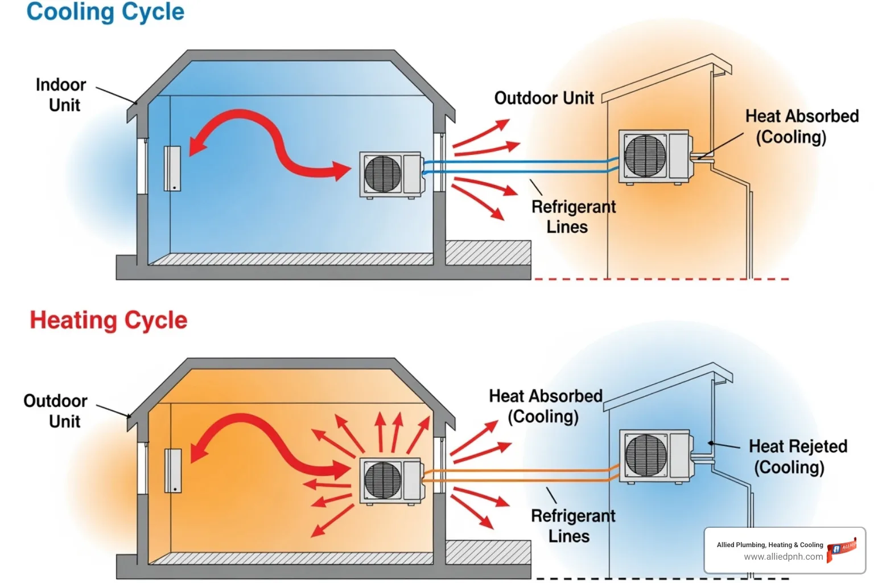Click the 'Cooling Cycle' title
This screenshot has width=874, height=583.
pyautogui.click(x=105, y=12)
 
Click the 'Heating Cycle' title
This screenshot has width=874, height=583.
pyautogui.click(x=108, y=321)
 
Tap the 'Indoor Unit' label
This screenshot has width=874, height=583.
pyautogui.click(x=61, y=95)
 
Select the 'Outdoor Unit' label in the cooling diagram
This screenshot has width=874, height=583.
pyautogui.click(x=543, y=98)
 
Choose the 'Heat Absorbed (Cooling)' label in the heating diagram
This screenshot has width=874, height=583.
pyautogui.click(x=545, y=406)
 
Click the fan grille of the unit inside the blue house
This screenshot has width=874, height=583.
pyautogui.click(x=382, y=174)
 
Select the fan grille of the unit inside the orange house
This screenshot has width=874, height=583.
pyautogui.click(x=382, y=481)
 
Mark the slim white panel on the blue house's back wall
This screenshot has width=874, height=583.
pyautogui.click(x=172, y=169)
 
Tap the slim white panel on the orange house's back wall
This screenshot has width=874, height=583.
pyautogui.click(x=173, y=471)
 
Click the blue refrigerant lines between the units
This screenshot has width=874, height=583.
pyautogui.click(x=518, y=166)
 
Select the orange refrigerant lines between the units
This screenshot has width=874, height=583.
pyautogui.click(x=518, y=475)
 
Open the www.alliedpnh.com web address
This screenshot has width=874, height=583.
pyautogui.click(x=783, y=557)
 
